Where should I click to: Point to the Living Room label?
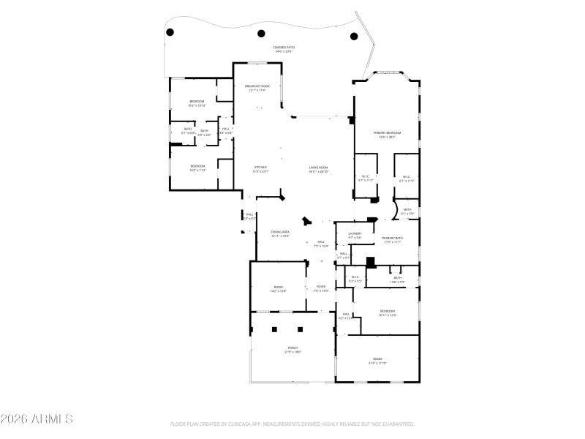[319, 169]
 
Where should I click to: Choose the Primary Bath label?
[393, 240]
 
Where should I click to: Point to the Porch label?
[292, 349]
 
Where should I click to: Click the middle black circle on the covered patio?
[261, 32]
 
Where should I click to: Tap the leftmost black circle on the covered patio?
[170, 32]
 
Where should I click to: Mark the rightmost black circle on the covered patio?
[355, 36]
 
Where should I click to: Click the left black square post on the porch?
[274, 330]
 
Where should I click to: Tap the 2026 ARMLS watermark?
[37, 419]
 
